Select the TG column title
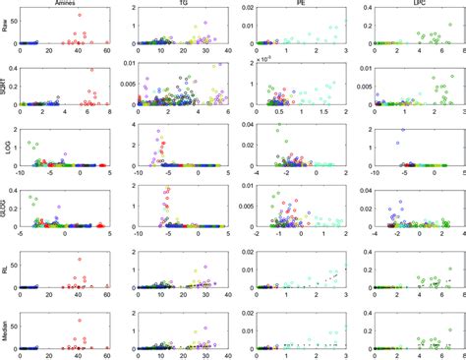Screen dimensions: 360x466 click(x=185, y=5)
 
